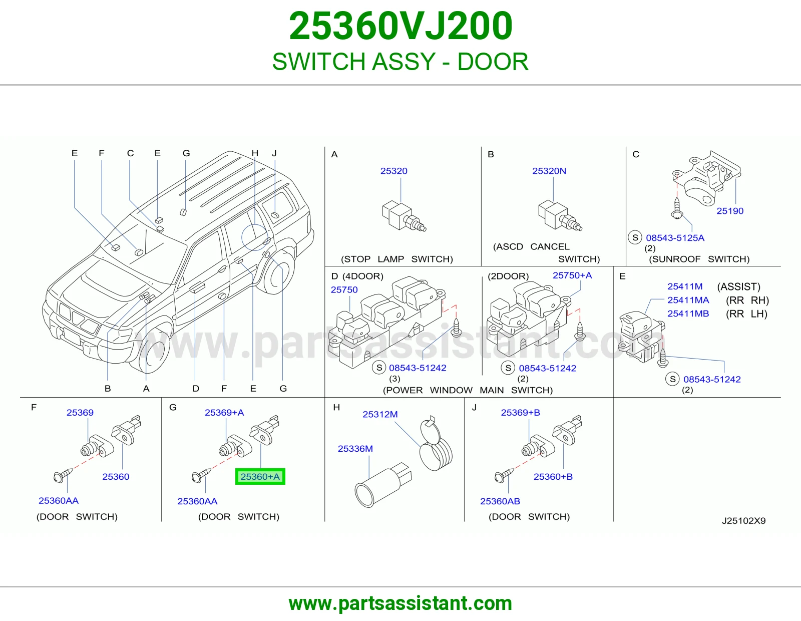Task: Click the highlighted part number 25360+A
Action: (260, 477)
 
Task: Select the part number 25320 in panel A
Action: (393, 171)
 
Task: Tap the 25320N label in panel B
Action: (549, 171)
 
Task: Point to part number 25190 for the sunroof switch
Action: (730, 211)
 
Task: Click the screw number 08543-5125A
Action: (675, 238)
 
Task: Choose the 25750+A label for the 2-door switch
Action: (572, 275)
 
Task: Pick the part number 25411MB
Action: (688, 314)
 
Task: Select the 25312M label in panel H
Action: (380, 415)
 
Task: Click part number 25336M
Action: (355, 449)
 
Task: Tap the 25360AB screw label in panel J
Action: (500, 501)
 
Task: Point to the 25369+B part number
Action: (520, 413)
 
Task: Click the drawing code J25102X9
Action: (743, 521)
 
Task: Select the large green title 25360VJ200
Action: (400, 26)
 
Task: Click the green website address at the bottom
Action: (400, 603)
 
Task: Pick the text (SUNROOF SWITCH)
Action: (699, 259)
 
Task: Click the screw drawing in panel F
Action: (63, 475)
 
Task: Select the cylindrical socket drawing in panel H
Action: (382, 485)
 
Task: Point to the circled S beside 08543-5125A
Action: (635, 237)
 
